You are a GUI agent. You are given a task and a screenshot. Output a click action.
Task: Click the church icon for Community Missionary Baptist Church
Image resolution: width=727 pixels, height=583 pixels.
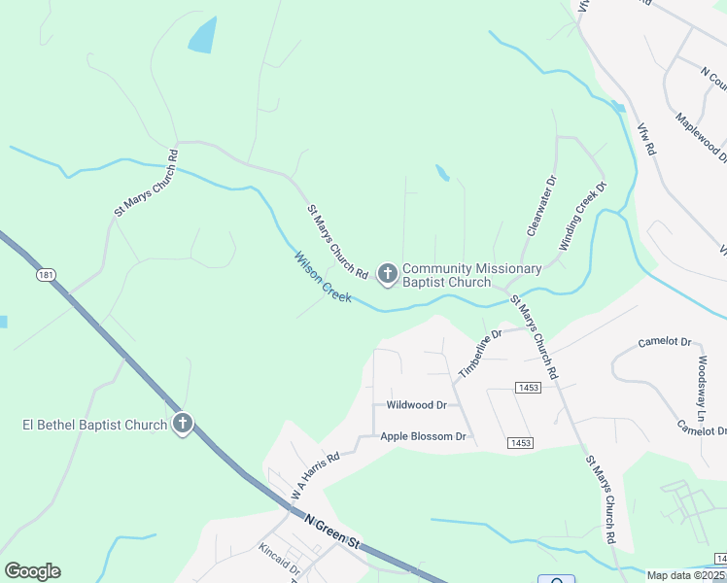[387, 275]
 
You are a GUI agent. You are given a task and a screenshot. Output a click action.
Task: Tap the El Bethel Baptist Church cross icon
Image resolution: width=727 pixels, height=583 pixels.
[183, 424]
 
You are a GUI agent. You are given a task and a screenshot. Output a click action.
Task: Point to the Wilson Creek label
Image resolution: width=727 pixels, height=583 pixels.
[323, 277]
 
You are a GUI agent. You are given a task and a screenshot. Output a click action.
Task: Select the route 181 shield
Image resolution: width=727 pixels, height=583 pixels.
[46, 276]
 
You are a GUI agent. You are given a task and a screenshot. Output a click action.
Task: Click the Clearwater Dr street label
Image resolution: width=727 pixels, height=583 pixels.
[541, 206]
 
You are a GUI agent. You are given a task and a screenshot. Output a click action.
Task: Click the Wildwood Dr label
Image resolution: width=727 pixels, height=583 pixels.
[416, 404]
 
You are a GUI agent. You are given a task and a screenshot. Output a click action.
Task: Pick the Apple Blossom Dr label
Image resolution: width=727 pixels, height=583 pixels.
[424, 436]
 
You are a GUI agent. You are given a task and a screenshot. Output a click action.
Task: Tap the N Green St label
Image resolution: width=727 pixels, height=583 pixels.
[332, 533]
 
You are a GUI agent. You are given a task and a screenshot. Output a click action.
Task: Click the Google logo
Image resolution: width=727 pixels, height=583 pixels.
[32, 571]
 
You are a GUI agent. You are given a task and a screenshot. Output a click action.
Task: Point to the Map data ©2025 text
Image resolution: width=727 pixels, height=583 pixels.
[686, 575]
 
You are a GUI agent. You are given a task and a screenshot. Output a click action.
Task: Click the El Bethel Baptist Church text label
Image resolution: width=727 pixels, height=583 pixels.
[95, 425]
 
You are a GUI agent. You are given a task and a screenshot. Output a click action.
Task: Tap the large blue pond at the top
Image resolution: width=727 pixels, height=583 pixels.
[202, 36]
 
